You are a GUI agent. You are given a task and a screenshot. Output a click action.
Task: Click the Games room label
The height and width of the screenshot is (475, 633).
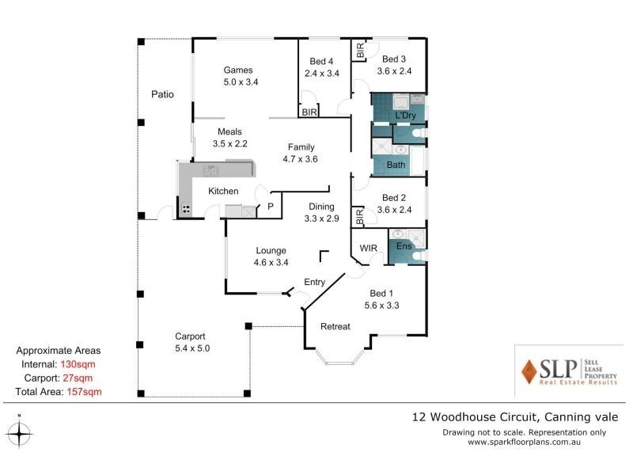(x=238, y=70)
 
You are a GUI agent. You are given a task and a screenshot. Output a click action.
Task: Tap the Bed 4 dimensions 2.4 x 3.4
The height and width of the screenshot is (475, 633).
(x=322, y=74)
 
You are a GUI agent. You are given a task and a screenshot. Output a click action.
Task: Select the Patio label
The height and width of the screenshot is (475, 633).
(x=162, y=94)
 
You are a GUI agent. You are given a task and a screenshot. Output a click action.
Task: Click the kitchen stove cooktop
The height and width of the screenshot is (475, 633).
(x=186, y=209)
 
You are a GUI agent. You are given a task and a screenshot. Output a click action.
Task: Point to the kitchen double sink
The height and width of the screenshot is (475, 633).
(x=210, y=170)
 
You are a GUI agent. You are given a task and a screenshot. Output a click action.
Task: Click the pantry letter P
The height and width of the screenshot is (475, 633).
(x=271, y=207)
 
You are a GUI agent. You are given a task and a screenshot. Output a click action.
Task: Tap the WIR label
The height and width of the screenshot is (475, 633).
(x=368, y=248)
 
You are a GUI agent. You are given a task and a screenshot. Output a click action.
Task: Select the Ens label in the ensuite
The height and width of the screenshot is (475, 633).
(x=404, y=246)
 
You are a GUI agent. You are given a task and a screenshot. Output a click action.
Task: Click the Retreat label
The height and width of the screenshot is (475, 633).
(x=335, y=326)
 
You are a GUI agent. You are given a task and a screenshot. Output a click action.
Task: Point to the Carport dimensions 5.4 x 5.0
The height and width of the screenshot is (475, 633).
(x=192, y=348)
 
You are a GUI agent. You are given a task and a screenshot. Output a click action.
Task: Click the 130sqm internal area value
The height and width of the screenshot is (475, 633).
(x=78, y=364)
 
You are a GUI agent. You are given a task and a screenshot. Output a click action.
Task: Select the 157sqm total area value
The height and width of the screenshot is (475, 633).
(x=85, y=392)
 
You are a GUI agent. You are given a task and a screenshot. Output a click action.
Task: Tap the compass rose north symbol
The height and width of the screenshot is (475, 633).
(x=19, y=433)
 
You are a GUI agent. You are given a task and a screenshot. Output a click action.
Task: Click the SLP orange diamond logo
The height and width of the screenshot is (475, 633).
(x=529, y=371)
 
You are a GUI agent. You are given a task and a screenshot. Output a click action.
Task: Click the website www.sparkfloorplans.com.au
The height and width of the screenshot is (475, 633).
(x=524, y=442)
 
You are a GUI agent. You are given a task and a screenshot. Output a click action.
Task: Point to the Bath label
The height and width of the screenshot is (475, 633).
(x=396, y=165)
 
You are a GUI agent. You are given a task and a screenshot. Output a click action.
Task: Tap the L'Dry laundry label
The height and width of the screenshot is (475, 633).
(x=405, y=116)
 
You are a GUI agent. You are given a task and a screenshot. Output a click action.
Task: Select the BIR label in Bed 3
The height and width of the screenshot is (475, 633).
(x=360, y=51)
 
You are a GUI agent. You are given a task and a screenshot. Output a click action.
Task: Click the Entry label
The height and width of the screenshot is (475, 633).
(x=314, y=283)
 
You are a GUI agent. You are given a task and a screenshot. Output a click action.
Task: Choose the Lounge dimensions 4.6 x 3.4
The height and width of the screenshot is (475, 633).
(x=271, y=263)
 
